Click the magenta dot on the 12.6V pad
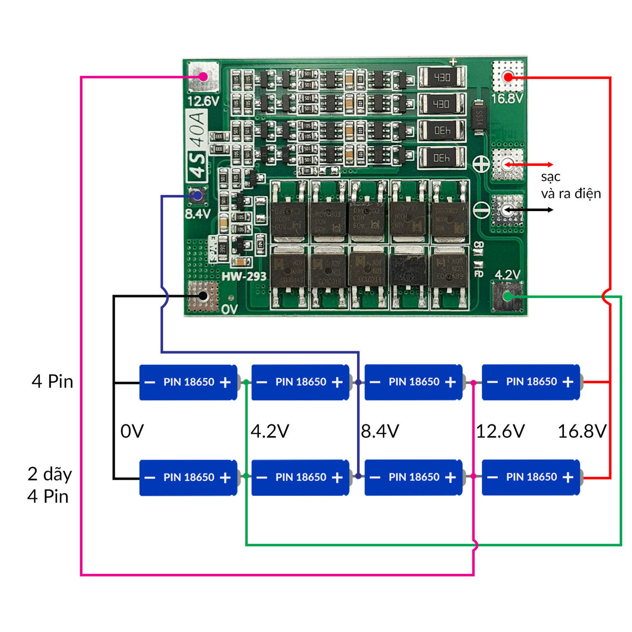point(203,77)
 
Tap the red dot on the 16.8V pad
point(508,77)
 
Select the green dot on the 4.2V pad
point(508,296)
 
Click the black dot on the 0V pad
point(203,296)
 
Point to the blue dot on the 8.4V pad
point(198,196)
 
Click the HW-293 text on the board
point(244,276)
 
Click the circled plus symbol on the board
point(481,165)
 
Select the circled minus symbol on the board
point(481,210)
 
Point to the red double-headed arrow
point(529,165)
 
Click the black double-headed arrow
point(529,210)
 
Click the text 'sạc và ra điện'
point(570,185)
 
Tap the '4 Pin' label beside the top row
point(52,381)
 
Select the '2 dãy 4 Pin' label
point(49,485)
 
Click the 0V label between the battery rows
point(132,431)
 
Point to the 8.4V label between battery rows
point(380,431)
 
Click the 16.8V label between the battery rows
point(582,431)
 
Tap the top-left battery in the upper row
point(188,382)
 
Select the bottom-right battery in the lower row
point(531,477)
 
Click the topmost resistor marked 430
point(442,77)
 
